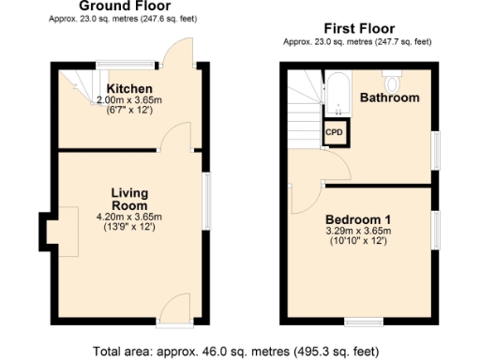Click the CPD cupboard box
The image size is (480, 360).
[335, 133]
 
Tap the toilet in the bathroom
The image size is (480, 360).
[392, 72]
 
